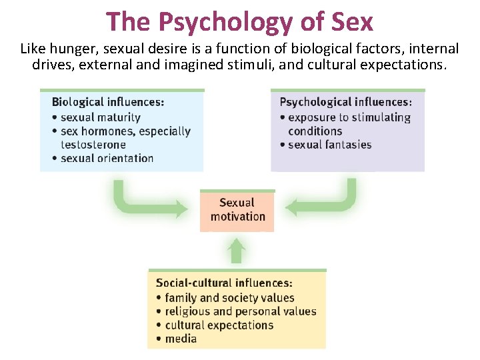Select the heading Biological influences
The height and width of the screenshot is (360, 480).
click(x=108, y=103)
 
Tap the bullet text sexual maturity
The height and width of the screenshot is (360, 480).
click(x=100, y=117)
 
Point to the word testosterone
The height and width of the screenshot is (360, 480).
click(x=93, y=145)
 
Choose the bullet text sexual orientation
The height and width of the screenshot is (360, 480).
click(x=107, y=159)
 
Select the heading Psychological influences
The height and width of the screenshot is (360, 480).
click(x=345, y=103)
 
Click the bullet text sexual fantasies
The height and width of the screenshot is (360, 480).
click(x=329, y=145)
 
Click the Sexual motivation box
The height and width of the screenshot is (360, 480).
click(x=237, y=210)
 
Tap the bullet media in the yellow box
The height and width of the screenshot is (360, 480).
click(x=181, y=339)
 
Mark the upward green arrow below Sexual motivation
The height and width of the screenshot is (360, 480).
click(x=237, y=251)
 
